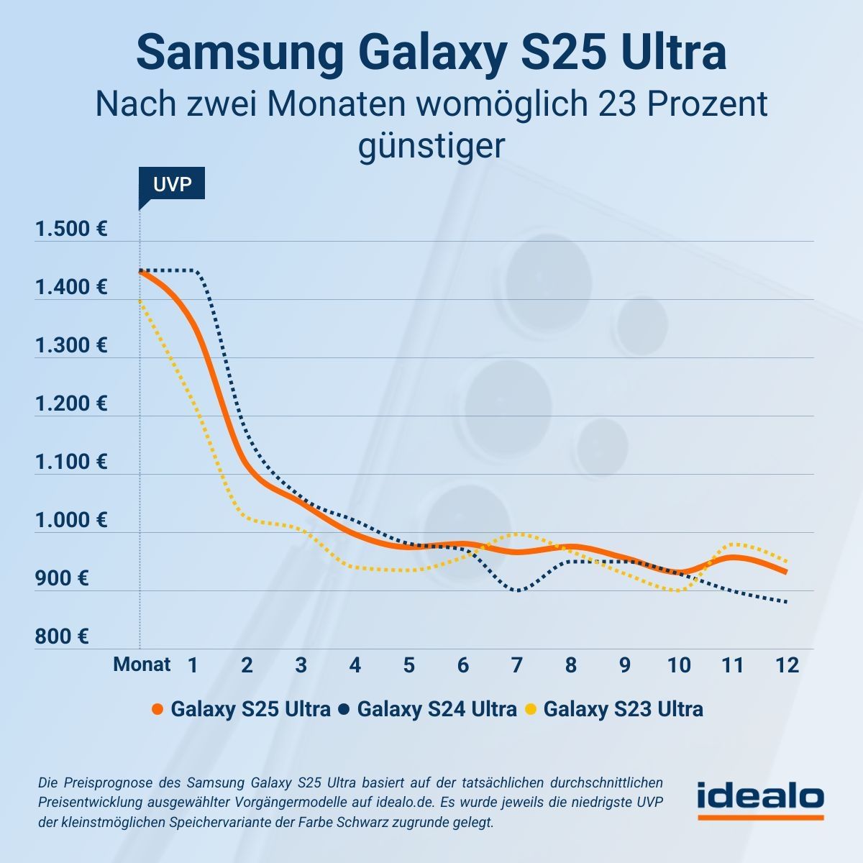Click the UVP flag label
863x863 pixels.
pyautogui.click(x=172, y=184)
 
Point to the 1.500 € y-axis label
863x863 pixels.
pyautogui.click(x=71, y=230)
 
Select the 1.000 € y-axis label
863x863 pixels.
pyautogui.click(x=71, y=521)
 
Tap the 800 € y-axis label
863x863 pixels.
pyautogui.click(x=62, y=637)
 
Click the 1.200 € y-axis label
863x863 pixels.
pyautogui.click(x=71, y=404)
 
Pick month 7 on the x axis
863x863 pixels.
pyautogui.click(x=516, y=665)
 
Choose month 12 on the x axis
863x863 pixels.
pyautogui.click(x=787, y=665)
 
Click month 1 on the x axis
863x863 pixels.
pyautogui.click(x=193, y=665)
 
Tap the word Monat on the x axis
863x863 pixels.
pyautogui.click(x=142, y=665)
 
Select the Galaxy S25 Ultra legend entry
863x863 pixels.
pyautogui.click(x=250, y=710)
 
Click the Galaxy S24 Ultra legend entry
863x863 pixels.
pyautogui.click(x=437, y=710)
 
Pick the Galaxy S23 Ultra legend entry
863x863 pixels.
pyautogui.click(x=623, y=710)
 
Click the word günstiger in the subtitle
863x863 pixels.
pyautogui.click(x=431, y=146)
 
